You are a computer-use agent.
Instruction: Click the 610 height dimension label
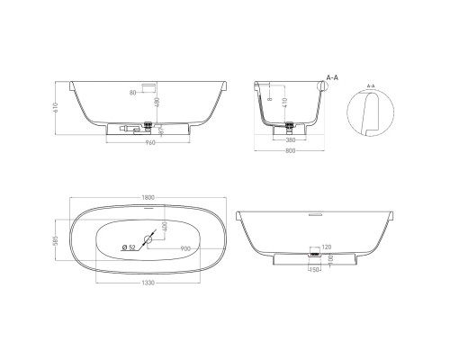(56, 108)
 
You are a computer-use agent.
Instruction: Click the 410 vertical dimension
(285, 106)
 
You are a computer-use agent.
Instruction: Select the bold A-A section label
(331, 78)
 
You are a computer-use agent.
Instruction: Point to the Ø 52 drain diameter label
(127, 247)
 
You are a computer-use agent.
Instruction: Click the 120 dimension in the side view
(326, 247)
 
